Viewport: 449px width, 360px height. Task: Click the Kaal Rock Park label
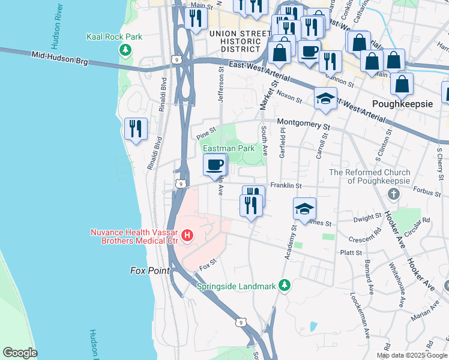point(114,37)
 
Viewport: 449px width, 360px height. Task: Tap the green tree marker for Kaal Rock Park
point(126,49)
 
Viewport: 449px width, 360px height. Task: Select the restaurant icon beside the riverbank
point(135,128)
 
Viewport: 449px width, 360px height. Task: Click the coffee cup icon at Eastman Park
point(215,164)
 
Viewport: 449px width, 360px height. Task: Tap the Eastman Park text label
point(229,148)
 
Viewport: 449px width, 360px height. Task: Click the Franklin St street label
point(285,185)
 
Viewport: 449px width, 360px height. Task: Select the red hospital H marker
point(187,235)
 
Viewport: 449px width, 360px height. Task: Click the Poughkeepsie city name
point(402,103)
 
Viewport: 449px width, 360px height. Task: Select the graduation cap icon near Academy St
point(304,209)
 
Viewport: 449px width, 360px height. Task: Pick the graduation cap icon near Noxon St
point(325,98)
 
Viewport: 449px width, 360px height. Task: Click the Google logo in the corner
point(20,352)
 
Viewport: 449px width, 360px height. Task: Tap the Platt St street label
point(351,253)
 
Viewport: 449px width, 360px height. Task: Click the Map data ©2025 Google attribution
point(411,355)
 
